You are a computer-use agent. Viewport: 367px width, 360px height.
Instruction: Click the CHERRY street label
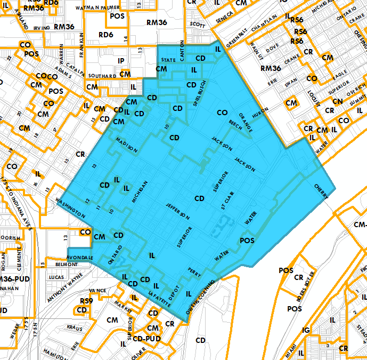(322, 192)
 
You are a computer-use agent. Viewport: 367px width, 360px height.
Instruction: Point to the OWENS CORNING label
(201, 297)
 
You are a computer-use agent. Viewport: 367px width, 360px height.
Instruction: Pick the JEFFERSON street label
(177, 211)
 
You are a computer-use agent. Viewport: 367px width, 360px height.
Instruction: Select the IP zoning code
(121, 61)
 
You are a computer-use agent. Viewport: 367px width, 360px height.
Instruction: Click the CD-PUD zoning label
(147, 338)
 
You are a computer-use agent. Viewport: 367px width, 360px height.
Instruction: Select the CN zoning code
(337, 101)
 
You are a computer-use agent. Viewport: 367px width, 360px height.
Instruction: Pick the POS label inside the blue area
(248, 241)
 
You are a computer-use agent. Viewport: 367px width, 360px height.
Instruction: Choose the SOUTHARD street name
(102, 76)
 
